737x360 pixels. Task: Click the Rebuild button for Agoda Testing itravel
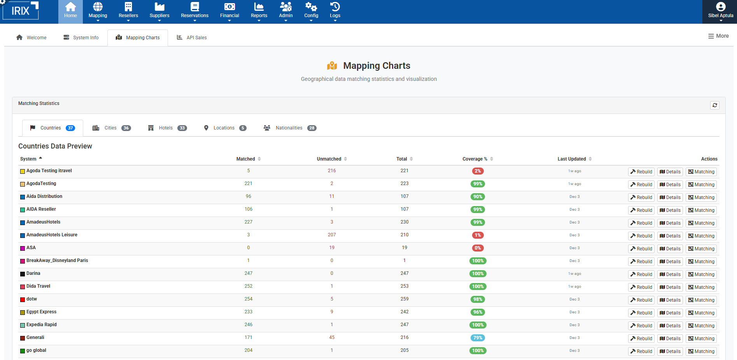point(641,172)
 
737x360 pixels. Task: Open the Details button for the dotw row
point(670,300)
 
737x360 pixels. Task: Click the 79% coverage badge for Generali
point(478,338)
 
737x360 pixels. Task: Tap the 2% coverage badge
point(478,171)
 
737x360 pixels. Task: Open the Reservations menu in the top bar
point(194,11)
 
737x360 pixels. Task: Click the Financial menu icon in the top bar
point(229,7)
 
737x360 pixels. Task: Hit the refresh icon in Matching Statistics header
point(714,105)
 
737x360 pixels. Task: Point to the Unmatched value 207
point(332,235)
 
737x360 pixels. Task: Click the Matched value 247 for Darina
point(249,273)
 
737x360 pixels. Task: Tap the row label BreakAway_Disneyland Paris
point(57,260)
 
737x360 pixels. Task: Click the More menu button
point(718,36)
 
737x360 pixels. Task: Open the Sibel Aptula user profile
point(720,11)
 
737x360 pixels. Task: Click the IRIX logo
point(21,10)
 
